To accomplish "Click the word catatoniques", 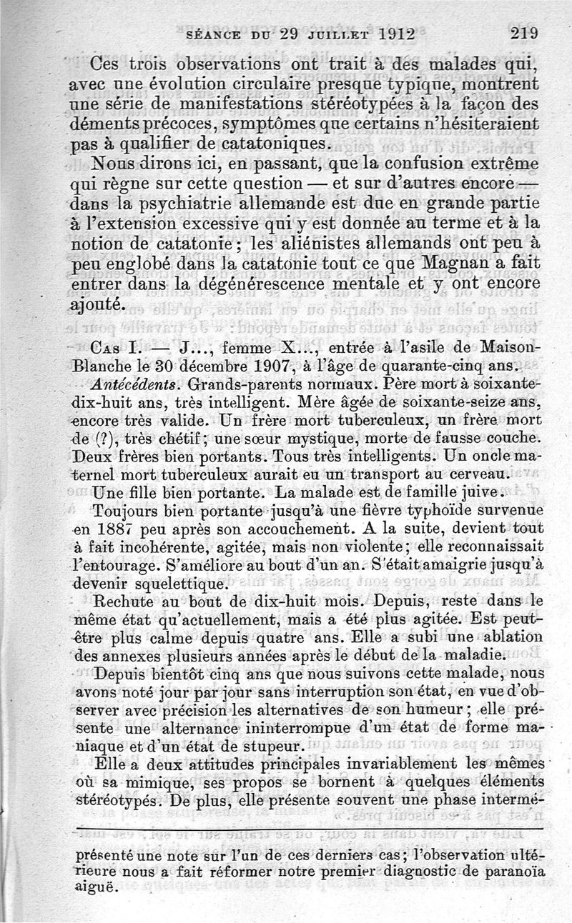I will (x=275, y=143).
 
